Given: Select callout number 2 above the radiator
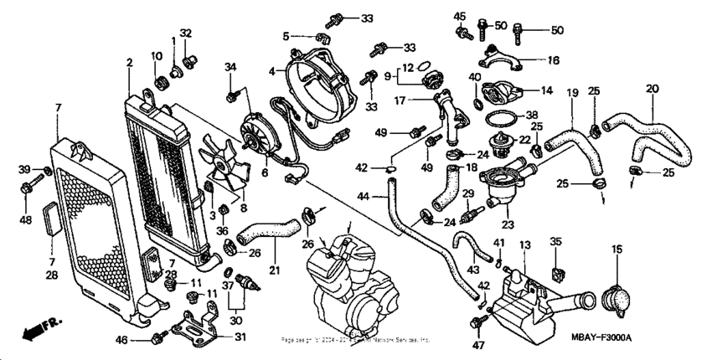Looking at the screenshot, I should point(130,64).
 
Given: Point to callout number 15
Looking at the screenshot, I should point(617,249).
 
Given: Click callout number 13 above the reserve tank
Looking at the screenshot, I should point(525,244).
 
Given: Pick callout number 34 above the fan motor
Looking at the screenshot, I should point(231,67).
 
